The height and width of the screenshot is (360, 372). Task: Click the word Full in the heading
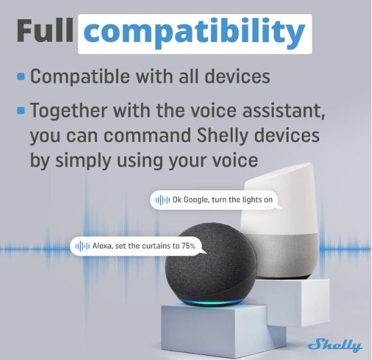pos(45,30)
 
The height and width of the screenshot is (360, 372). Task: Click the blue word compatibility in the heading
pos(194,34)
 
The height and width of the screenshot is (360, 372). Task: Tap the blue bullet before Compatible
pos(21,76)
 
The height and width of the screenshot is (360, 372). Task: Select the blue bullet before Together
pos(21,110)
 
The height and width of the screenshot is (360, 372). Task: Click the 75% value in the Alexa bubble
pos(189,246)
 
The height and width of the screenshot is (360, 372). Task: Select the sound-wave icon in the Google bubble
pos(163,200)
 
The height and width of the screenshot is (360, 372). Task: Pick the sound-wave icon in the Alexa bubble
pos(82,246)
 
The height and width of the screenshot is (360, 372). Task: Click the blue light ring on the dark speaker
pos(211,302)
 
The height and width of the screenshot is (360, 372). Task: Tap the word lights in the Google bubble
pos(251,200)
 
